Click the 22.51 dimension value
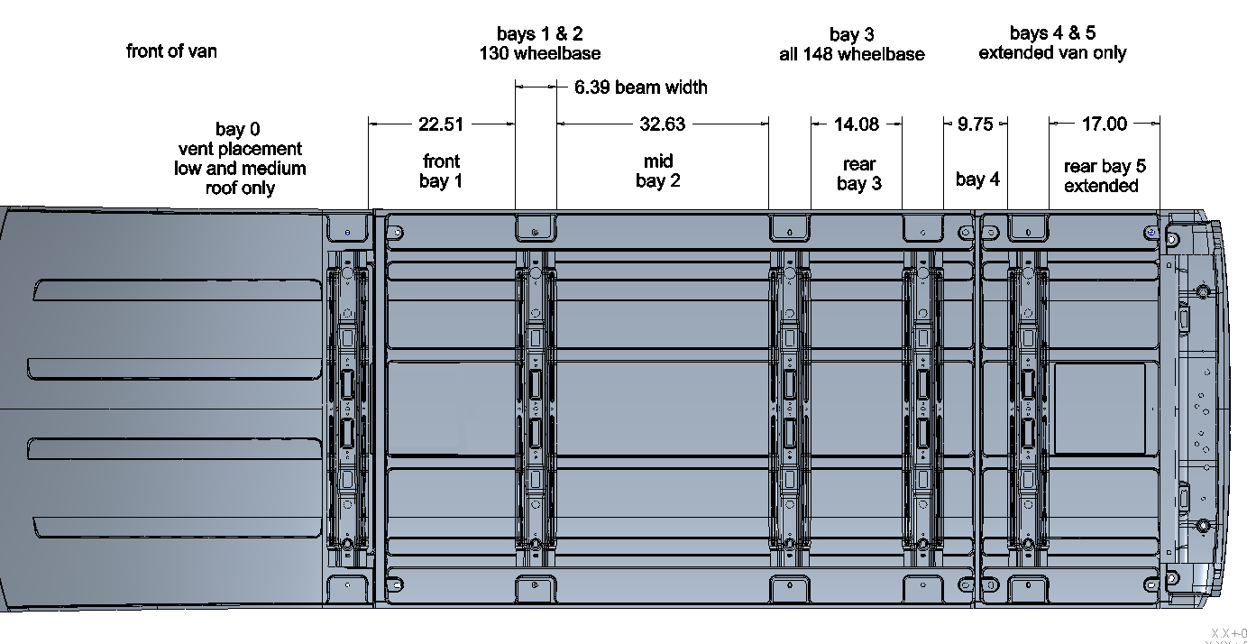click(x=440, y=124)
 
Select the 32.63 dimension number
click(x=662, y=124)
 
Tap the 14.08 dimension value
click(x=857, y=124)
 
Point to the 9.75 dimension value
click(x=976, y=124)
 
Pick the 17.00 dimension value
click(x=1105, y=124)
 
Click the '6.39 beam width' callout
click(x=641, y=87)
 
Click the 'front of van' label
click(x=171, y=51)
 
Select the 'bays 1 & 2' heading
click(x=540, y=34)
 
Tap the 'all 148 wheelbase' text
click(x=852, y=54)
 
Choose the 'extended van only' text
click(x=1052, y=53)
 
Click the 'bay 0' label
click(x=238, y=129)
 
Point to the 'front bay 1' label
click(x=441, y=171)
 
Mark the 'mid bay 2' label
click(x=658, y=171)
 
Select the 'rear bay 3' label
click(x=859, y=174)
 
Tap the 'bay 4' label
click(x=977, y=179)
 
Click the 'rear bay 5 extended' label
click(x=1105, y=176)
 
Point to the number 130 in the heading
click(x=494, y=53)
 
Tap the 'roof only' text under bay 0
click(x=240, y=189)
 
